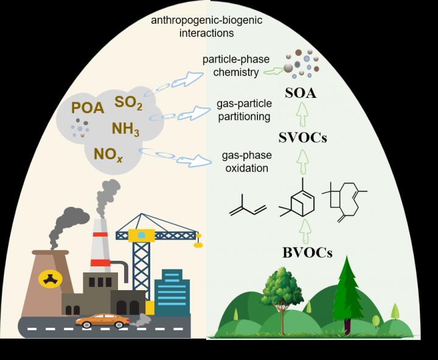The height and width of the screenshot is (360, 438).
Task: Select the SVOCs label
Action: point(302,137)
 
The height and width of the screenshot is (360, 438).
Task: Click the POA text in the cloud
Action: point(88,108)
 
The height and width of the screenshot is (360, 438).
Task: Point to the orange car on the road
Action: point(102,320)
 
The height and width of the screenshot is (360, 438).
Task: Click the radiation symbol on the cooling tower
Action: point(46,278)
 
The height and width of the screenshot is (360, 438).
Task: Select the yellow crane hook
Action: point(197,244)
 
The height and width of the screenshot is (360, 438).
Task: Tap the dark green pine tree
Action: point(347,292)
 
